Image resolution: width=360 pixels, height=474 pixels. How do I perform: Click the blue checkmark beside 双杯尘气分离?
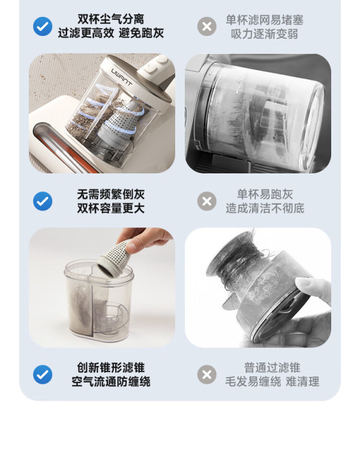click(43, 26)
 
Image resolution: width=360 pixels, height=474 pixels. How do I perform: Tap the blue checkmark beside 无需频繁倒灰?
click(43, 201)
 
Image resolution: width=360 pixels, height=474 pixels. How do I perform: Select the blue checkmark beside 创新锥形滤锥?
click(43, 374)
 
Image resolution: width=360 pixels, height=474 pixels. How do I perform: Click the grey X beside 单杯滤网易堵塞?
click(207, 26)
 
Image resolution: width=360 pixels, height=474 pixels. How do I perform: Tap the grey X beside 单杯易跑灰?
click(207, 201)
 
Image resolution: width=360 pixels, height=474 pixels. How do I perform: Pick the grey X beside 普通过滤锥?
click(207, 374)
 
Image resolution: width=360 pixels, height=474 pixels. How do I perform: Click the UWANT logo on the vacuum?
click(122, 77)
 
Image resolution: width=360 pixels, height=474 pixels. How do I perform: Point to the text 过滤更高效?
click(86, 33)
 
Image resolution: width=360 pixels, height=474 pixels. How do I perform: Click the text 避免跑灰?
click(141, 33)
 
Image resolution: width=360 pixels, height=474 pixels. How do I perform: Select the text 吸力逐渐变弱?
click(265, 34)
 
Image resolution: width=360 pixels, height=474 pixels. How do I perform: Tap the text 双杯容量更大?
click(111, 208)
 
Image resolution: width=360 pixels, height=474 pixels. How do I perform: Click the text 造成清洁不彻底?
click(265, 208)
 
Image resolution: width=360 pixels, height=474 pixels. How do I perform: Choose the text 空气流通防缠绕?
click(111, 382)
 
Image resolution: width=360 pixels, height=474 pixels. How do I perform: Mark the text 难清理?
click(302, 382)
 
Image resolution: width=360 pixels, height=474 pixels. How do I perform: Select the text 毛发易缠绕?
click(253, 382)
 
